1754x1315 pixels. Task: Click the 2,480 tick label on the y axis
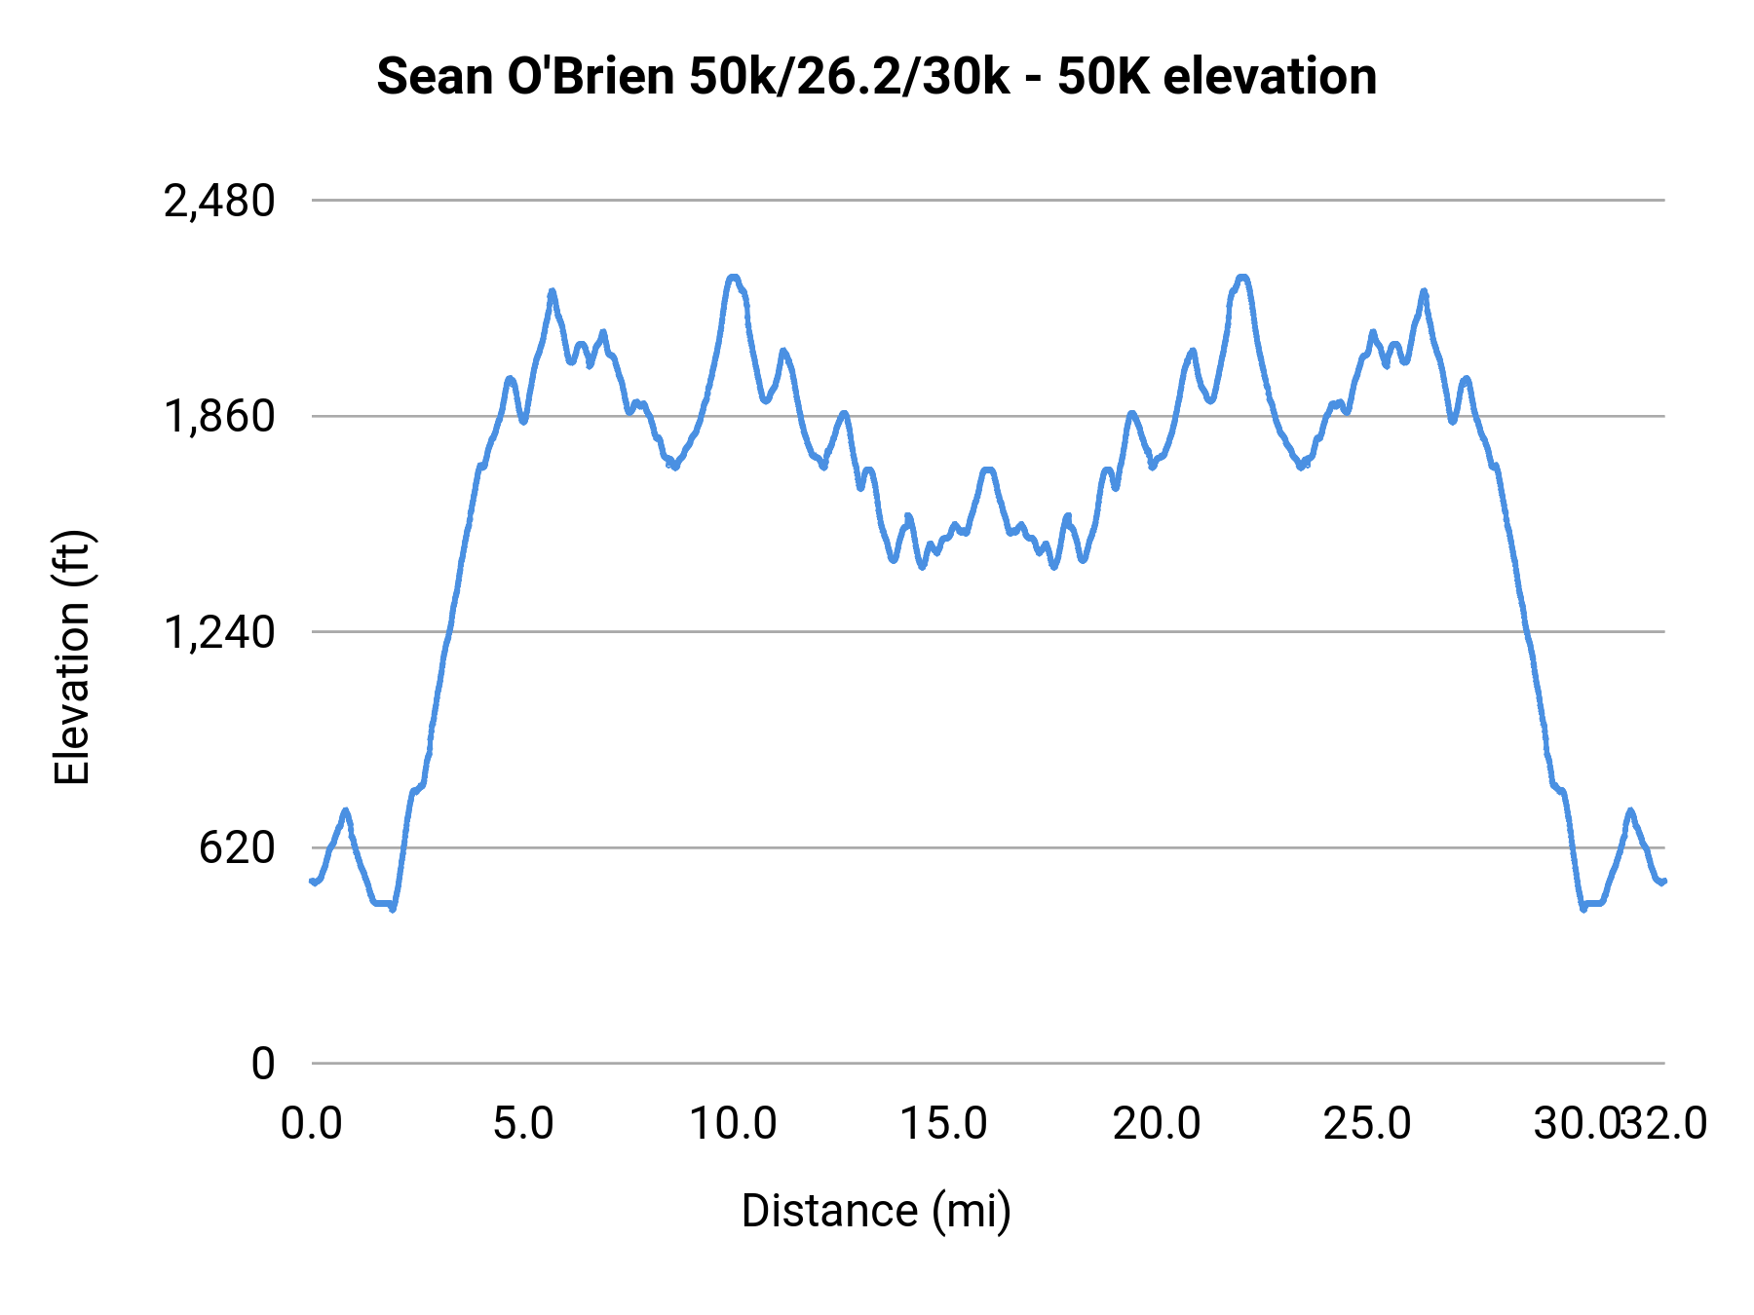point(219,202)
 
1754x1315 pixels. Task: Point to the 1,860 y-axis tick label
point(219,417)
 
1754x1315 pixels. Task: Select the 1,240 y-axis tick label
point(219,633)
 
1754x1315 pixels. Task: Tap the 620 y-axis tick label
point(237,848)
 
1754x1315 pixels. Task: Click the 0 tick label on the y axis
point(262,1064)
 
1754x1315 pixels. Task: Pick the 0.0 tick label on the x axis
point(312,1124)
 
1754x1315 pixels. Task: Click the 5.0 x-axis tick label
point(523,1124)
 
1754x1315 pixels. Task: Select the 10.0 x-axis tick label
point(733,1124)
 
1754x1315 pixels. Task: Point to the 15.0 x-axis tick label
point(943,1124)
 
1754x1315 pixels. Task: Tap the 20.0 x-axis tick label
point(1157,1124)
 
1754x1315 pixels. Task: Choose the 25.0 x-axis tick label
point(1367,1124)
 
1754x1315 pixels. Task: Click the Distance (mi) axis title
point(876,1212)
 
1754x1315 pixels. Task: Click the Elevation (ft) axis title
point(72,657)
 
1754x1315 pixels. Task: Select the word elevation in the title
point(1270,76)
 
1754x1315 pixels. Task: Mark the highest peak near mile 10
point(734,278)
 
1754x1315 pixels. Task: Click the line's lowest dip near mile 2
point(393,909)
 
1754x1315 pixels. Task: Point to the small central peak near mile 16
point(988,470)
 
